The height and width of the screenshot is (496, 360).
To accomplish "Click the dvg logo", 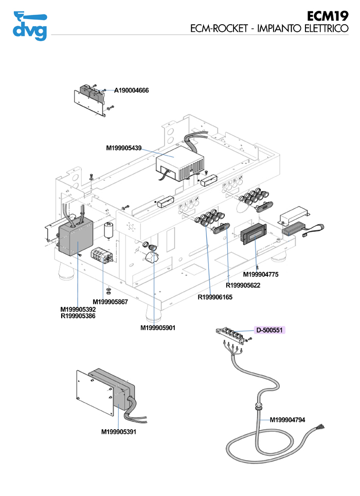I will [x=29, y=25].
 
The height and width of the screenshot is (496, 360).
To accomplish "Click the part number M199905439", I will [x=124, y=148].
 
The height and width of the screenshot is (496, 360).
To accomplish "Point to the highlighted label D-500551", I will [x=270, y=330].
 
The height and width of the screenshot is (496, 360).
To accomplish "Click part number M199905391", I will [x=119, y=432].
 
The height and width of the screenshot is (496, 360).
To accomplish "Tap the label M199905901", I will [x=158, y=327].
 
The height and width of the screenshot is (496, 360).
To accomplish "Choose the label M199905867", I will [x=110, y=302].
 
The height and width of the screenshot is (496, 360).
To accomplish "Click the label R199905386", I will [x=78, y=316].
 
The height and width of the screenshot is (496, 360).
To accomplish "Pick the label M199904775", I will [x=260, y=274].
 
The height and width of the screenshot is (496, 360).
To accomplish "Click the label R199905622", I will [x=243, y=285].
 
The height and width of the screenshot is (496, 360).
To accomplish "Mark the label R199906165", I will [x=215, y=297].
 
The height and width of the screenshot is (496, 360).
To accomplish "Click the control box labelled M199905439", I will [x=179, y=163].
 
